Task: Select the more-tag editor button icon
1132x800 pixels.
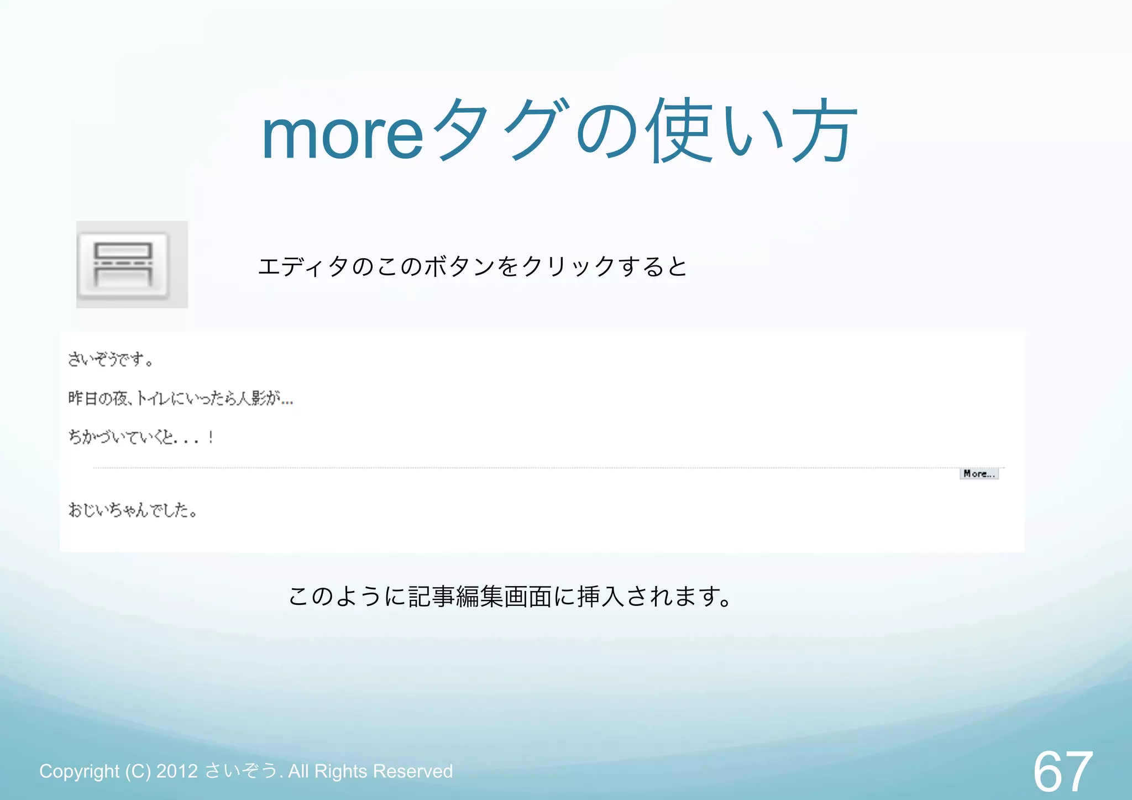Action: click(x=124, y=265)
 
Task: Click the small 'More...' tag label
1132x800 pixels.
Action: click(x=979, y=474)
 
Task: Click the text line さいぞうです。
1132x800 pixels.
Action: click(x=111, y=360)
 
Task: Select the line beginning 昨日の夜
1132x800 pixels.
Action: click(x=180, y=398)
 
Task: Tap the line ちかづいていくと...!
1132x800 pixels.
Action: click(x=141, y=437)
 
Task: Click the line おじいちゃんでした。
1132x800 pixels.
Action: click(x=133, y=510)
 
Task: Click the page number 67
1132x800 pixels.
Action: click(x=1062, y=771)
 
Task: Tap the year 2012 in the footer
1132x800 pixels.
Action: click(x=177, y=771)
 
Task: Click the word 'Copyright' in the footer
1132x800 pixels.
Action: click(x=80, y=771)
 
